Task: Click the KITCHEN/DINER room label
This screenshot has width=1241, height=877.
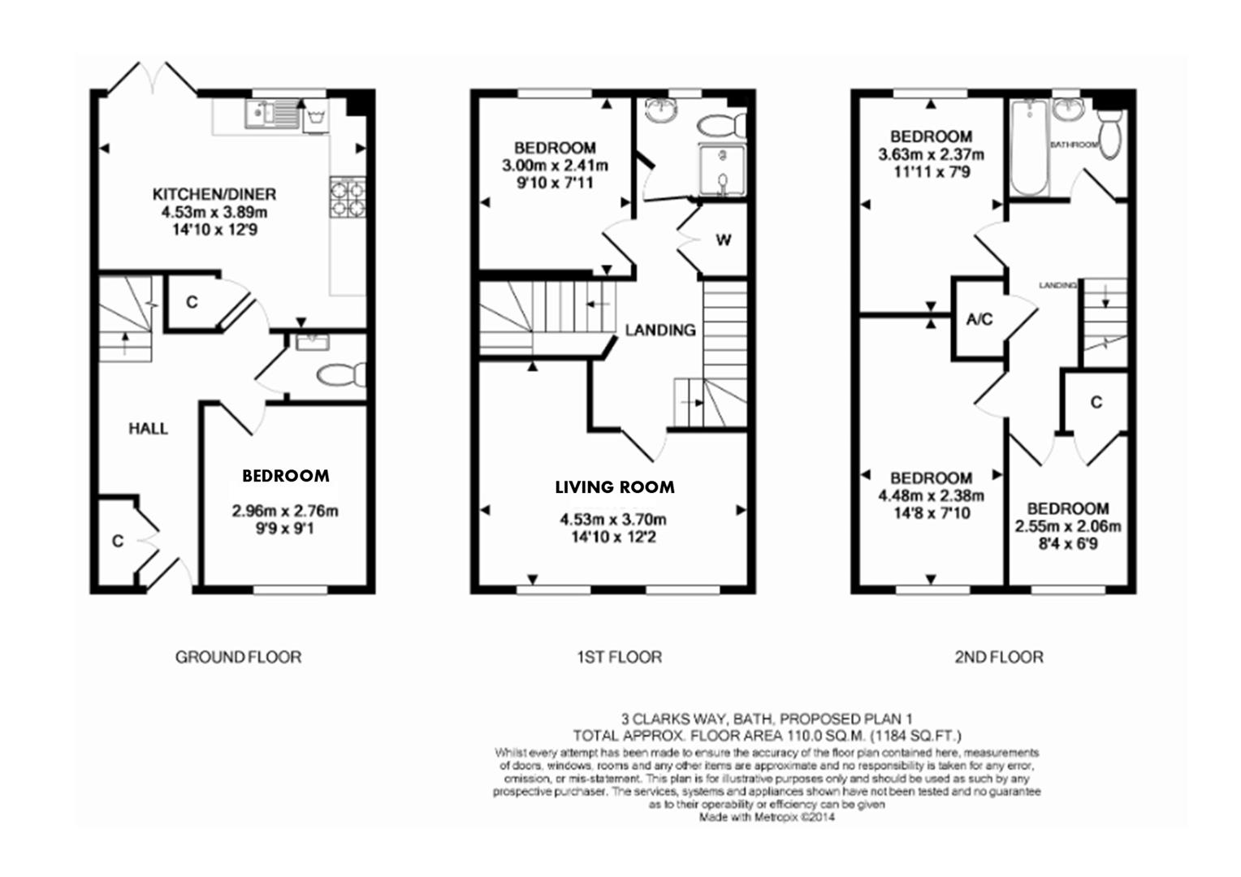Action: click(214, 195)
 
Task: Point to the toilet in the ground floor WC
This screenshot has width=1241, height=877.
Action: click(341, 375)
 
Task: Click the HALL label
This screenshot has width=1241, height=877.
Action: click(148, 429)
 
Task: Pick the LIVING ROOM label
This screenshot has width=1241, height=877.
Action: click(614, 487)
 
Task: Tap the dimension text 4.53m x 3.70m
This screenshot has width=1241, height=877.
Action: click(613, 520)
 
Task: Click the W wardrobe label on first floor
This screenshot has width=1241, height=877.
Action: click(723, 240)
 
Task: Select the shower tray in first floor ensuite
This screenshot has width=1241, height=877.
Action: click(720, 173)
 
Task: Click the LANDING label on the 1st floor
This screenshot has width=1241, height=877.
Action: click(660, 330)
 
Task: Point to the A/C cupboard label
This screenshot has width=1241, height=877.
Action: click(979, 319)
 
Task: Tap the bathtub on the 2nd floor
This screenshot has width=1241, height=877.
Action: click(1028, 148)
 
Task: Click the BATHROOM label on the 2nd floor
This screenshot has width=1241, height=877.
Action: click(1074, 145)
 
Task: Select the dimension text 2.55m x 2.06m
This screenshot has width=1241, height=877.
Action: click(1068, 526)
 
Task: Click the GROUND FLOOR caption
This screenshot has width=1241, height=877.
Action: click(238, 656)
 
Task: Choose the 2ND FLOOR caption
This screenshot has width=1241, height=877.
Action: click(998, 656)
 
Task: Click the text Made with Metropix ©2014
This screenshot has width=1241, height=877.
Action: click(767, 818)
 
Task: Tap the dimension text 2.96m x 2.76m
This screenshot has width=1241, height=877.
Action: click(285, 512)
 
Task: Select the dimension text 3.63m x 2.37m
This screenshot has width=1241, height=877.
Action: click(931, 154)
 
